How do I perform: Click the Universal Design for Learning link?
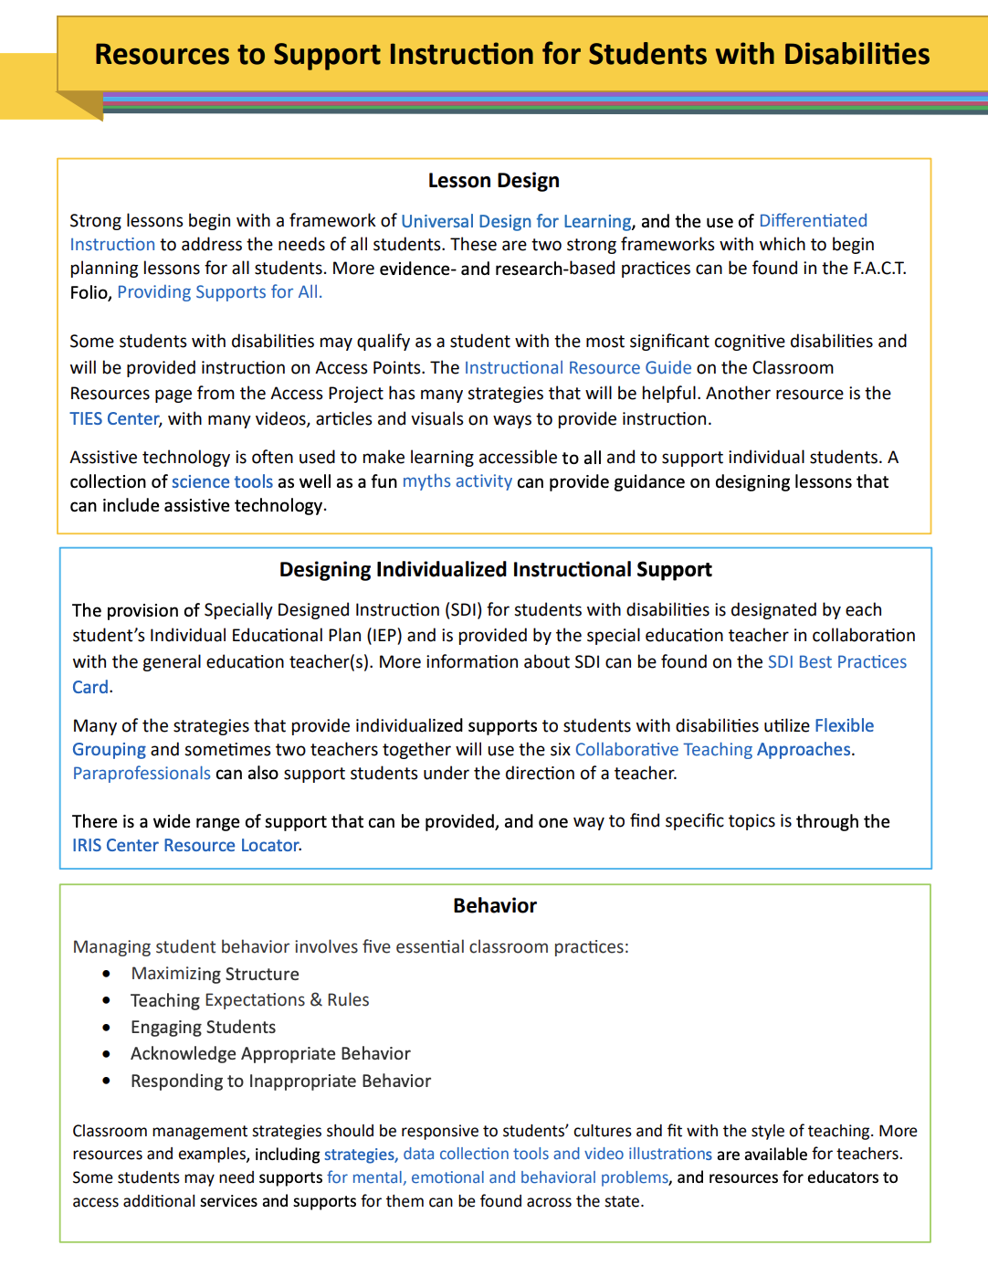pyautogui.click(x=516, y=221)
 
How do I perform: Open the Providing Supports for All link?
pyautogui.click(x=219, y=292)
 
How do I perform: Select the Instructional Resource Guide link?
pyautogui.click(x=577, y=367)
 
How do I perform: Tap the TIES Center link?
pyautogui.click(x=114, y=418)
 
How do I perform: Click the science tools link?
pyautogui.click(x=222, y=481)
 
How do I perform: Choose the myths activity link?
pyautogui.click(x=457, y=481)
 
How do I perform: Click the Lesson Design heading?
pyautogui.click(x=493, y=181)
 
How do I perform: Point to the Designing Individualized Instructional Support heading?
pyautogui.click(x=495, y=570)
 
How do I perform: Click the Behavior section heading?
pyautogui.click(x=495, y=906)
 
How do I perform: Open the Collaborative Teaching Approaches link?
pyautogui.click(x=712, y=750)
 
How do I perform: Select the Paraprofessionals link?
pyautogui.click(x=142, y=774)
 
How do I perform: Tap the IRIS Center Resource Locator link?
pyautogui.click(x=185, y=846)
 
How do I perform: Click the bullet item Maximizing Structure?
pyautogui.click(x=215, y=974)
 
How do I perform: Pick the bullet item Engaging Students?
pyautogui.click(x=203, y=1028)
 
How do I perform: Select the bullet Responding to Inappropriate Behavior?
pyautogui.click(x=280, y=1082)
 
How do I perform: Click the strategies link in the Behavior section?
pyautogui.click(x=359, y=1155)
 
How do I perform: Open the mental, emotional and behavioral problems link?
pyautogui.click(x=498, y=1178)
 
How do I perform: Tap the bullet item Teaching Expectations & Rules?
pyautogui.click(x=249, y=1000)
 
